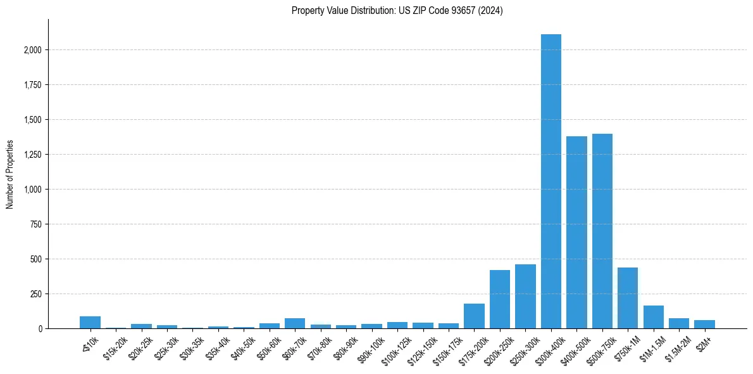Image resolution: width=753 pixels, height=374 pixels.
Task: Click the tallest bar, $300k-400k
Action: (551, 181)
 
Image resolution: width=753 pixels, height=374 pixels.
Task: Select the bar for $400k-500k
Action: (576, 232)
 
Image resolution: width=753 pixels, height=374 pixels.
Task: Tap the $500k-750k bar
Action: (602, 231)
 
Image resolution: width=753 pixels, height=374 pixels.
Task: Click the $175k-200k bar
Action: (474, 316)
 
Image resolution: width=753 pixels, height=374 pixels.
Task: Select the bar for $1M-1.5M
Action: (653, 317)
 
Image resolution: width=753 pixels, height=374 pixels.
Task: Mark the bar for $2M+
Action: (704, 324)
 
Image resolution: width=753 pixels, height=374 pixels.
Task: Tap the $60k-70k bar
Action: (295, 323)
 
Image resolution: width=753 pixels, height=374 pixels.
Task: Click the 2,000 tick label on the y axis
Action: (31, 50)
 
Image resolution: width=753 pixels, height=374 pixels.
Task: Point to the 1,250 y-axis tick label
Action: (31, 155)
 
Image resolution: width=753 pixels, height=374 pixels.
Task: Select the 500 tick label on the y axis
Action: (35, 259)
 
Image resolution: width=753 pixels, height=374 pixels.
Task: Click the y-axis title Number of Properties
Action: (10, 174)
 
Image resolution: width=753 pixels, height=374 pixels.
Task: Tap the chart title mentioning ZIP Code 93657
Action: (397, 11)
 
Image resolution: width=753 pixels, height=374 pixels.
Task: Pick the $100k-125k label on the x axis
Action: (395, 348)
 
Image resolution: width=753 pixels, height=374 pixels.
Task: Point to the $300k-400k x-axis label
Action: (549, 348)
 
